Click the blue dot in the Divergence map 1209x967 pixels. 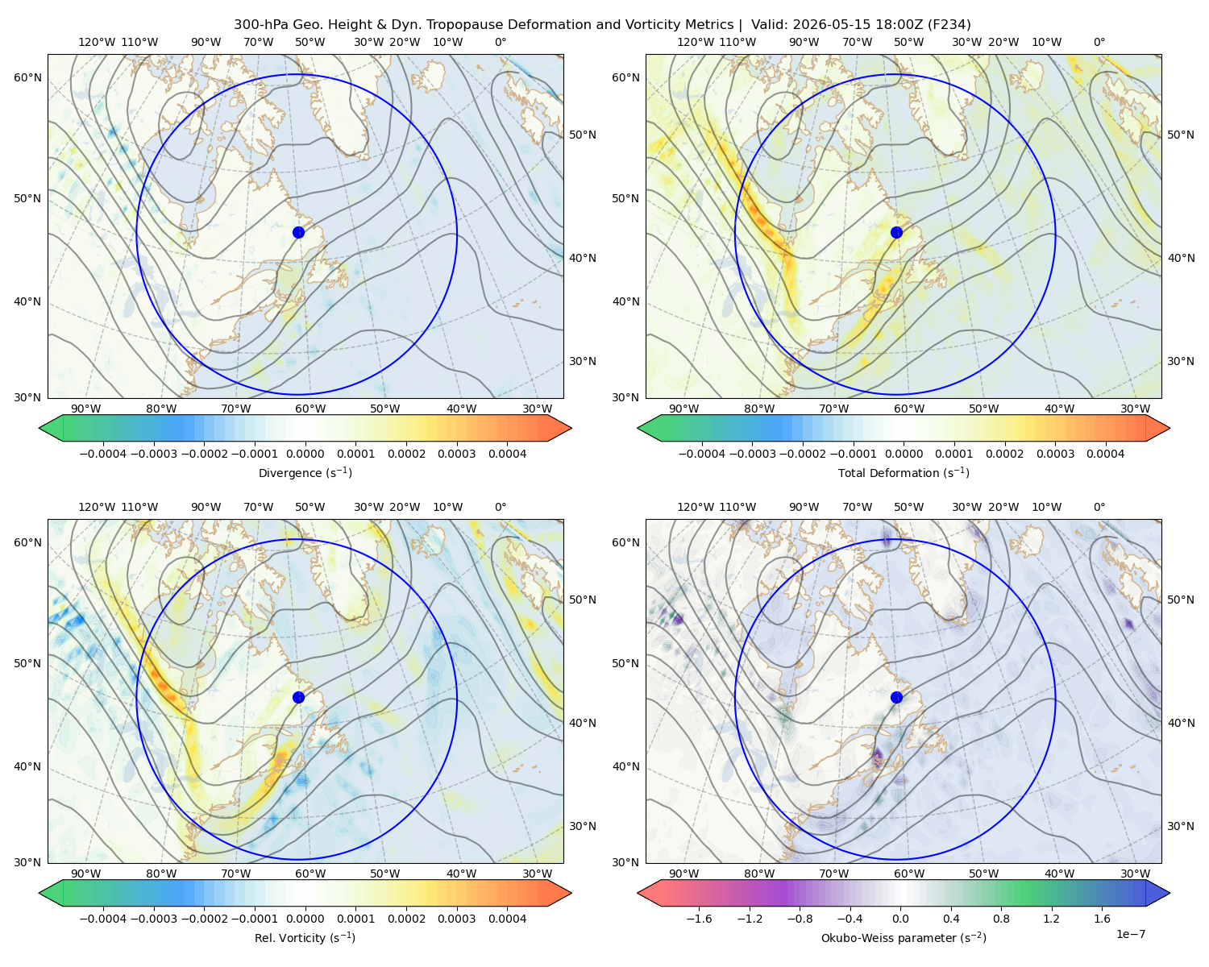pos(298,232)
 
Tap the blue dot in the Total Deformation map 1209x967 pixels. pos(896,232)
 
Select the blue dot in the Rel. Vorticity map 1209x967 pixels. pos(298,697)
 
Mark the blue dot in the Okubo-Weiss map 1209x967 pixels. pos(896,697)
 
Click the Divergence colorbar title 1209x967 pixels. pos(305,472)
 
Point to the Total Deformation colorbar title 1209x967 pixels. pos(904,472)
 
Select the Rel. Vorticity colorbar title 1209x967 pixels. pos(305,938)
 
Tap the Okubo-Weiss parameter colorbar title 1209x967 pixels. pos(904,938)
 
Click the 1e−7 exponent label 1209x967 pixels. pos(1130,934)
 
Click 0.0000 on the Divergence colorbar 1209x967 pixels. pos(305,454)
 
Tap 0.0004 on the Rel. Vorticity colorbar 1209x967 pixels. pos(507,919)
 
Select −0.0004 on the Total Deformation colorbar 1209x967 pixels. pos(702,454)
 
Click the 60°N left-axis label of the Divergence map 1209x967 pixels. pos(27,77)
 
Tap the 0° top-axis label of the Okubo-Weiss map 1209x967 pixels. pos(1099,507)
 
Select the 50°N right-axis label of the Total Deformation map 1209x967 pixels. pos(1180,135)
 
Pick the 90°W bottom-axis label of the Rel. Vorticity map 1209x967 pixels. pos(86,874)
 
